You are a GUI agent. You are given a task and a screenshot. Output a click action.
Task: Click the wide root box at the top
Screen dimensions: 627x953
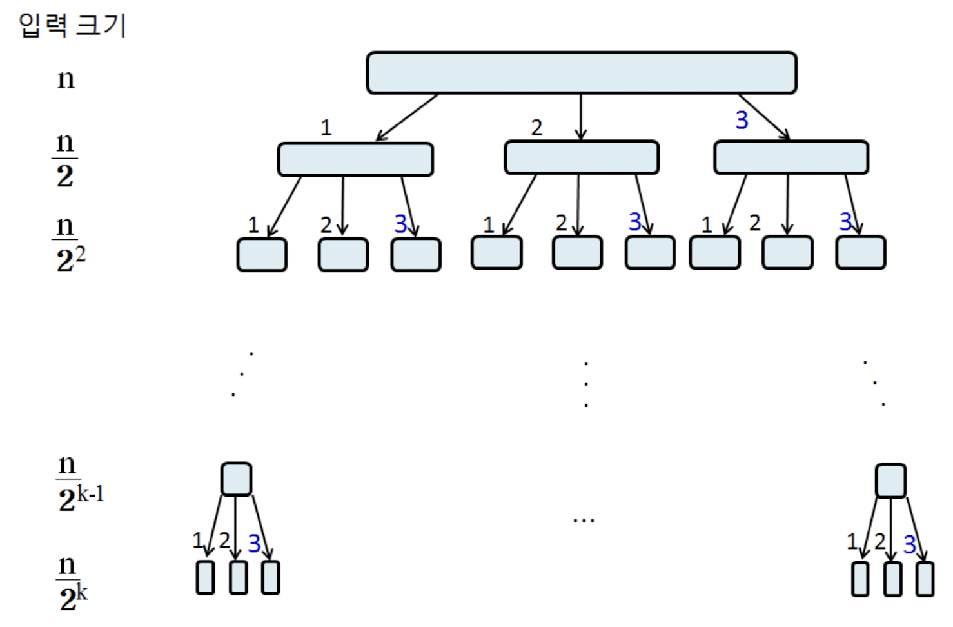pos(581,73)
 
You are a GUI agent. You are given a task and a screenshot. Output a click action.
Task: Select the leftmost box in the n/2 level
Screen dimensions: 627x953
pos(355,159)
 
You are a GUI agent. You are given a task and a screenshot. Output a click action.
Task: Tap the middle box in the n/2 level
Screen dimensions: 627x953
pos(581,157)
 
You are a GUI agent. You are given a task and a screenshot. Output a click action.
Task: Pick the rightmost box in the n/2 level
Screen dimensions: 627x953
pos(791,157)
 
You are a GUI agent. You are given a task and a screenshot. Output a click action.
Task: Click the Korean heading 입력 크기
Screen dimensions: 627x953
pos(72,26)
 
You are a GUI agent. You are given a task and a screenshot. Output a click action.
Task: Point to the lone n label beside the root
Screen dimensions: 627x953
pos(66,79)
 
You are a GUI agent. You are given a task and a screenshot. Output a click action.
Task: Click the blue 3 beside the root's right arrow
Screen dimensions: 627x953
pos(742,120)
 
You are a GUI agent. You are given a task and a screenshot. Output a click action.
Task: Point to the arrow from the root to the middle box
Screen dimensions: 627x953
pos(580,117)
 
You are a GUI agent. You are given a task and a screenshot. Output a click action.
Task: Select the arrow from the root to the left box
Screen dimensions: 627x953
pos(408,117)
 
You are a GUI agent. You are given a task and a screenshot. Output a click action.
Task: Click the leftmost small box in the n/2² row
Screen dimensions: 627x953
pos(262,255)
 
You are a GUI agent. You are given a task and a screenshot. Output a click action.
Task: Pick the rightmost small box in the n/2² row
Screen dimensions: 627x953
pos(860,252)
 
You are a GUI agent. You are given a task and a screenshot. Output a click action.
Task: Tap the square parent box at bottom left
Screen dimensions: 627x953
pos(236,479)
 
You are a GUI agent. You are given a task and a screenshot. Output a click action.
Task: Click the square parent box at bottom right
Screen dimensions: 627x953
pos(890,481)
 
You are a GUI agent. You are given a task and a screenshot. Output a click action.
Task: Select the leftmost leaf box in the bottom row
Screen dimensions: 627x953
pos(205,577)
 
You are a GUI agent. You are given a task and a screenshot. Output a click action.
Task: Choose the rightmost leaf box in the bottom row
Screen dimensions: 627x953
pos(925,579)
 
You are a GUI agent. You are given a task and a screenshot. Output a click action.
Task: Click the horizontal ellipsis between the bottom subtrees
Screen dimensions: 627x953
pos(584,520)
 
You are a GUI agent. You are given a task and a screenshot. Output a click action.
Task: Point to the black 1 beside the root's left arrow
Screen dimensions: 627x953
pos(326,128)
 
